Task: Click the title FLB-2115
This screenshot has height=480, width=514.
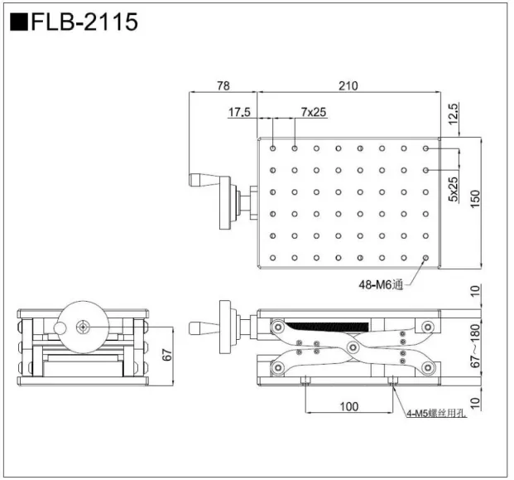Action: pyautogui.click(x=83, y=22)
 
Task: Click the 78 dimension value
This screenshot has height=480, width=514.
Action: pyautogui.click(x=222, y=85)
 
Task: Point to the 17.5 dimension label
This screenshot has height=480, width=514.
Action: pyautogui.click(x=239, y=111)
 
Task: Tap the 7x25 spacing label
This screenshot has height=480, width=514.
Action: pyautogui.click(x=313, y=111)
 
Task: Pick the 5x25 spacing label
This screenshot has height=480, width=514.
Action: pyautogui.click(x=454, y=190)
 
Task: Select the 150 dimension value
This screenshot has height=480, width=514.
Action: pyautogui.click(x=474, y=200)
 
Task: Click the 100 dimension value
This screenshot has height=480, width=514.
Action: pyautogui.click(x=348, y=406)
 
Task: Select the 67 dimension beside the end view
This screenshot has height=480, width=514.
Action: pyautogui.click(x=165, y=356)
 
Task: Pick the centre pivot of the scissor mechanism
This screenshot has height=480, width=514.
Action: pyautogui.click(x=353, y=346)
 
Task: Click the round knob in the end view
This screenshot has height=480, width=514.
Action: pyautogui.click(x=82, y=327)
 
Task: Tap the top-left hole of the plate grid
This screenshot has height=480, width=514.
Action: pyautogui.click(x=273, y=149)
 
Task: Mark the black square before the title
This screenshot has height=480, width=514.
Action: pyautogui.click(x=18, y=22)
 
